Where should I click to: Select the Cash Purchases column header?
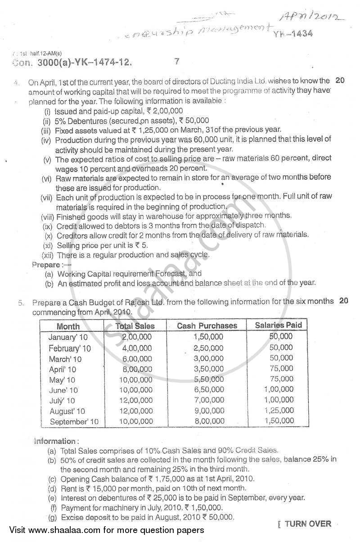(x=207, y=326)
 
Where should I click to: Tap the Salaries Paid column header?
(x=278, y=325)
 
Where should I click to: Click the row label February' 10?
(x=69, y=348)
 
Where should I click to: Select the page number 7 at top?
(x=177, y=62)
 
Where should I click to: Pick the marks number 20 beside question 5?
(x=344, y=301)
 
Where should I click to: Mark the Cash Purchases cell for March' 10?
(x=208, y=358)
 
